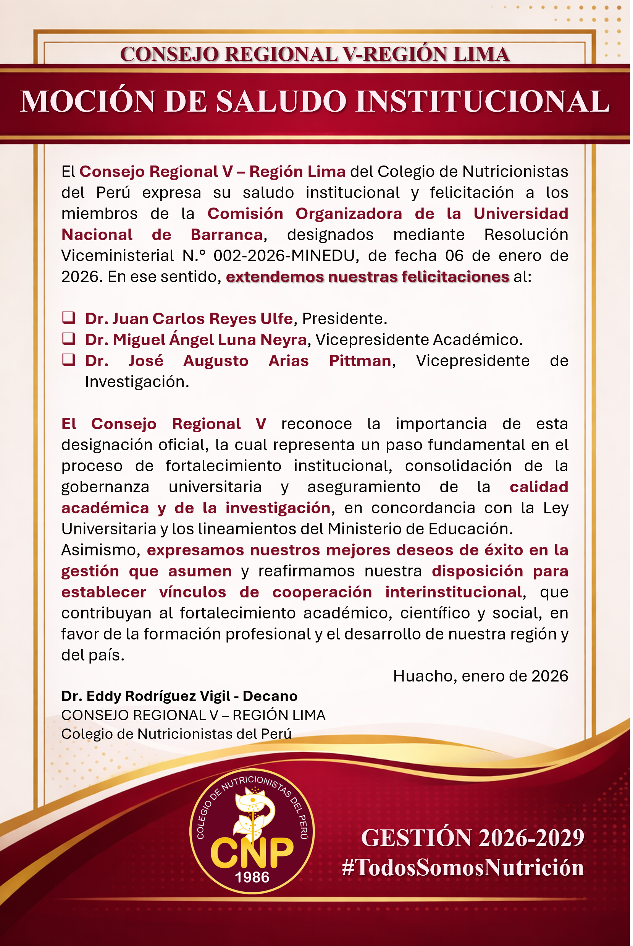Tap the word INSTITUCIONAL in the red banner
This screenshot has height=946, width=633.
click(483, 101)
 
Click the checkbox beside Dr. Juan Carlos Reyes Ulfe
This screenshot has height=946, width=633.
click(69, 318)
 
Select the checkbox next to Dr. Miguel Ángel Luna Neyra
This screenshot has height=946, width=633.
click(69, 339)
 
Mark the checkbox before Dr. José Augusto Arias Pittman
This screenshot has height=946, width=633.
click(69, 360)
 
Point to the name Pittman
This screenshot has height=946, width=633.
click(360, 361)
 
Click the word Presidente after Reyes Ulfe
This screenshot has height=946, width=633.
click(344, 319)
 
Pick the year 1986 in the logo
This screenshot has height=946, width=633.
click(252, 877)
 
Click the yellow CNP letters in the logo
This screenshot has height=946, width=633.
click(252, 852)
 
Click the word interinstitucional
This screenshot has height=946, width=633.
click(454, 592)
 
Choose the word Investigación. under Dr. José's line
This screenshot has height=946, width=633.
click(137, 382)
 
